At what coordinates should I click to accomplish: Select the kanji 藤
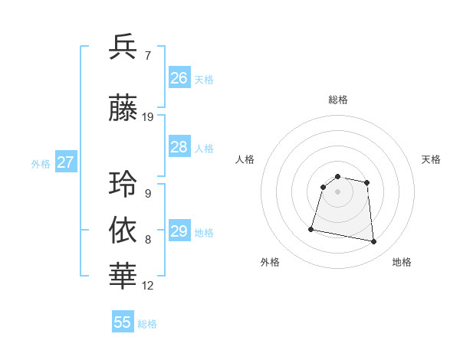[123, 107]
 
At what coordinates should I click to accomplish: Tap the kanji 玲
[123, 185]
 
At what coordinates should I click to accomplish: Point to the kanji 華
[123, 274]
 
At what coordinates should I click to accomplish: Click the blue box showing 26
[179, 78]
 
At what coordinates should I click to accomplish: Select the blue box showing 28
[179, 147]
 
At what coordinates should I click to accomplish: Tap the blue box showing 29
[179, 231]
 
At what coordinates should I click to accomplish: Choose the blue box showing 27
[65, 162]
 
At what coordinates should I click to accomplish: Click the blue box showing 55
[123, 322]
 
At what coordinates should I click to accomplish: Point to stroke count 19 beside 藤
[148, 117]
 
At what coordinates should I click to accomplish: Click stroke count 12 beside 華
[148, 286]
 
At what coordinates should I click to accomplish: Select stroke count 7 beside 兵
[147, 55]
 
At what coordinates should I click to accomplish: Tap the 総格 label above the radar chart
[337, 100]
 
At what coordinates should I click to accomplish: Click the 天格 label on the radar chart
[431, 159]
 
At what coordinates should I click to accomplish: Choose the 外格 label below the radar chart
[270, 262]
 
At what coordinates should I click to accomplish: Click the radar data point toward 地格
[374, 242]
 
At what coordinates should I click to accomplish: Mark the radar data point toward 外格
[311, 228]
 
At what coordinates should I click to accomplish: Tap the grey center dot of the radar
[337, 191]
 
